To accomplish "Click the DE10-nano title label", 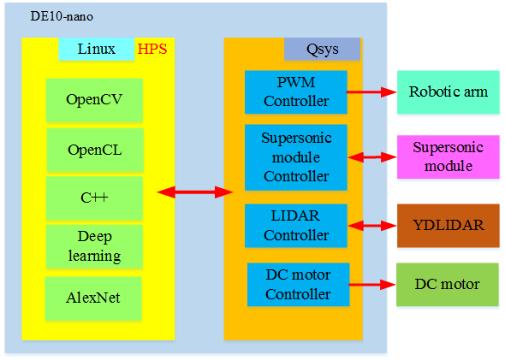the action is point(62,16).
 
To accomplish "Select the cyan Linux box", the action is point(97,49).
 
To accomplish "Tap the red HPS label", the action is point(152,49).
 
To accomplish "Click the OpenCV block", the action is point(94,100).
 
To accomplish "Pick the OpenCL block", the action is point(95,150).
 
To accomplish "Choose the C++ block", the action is point(94,198).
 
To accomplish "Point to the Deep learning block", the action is point(94,246).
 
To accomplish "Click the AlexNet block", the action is point(93,298).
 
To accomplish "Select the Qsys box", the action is point(322,49).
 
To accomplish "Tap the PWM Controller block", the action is point(296,92).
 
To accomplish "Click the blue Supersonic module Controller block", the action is point(296,157).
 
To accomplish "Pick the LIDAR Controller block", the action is point(296,226).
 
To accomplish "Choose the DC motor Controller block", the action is point(298,285).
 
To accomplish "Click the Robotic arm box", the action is point(449,92).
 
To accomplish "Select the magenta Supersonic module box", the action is point(449,157).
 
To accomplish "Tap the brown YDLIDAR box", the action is point(449,226).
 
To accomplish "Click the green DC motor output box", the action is point(448,285).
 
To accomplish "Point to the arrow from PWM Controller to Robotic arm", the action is point(371,92).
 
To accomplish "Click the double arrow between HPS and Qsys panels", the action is point(195,192).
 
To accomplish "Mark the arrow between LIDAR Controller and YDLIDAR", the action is point(372,226).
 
